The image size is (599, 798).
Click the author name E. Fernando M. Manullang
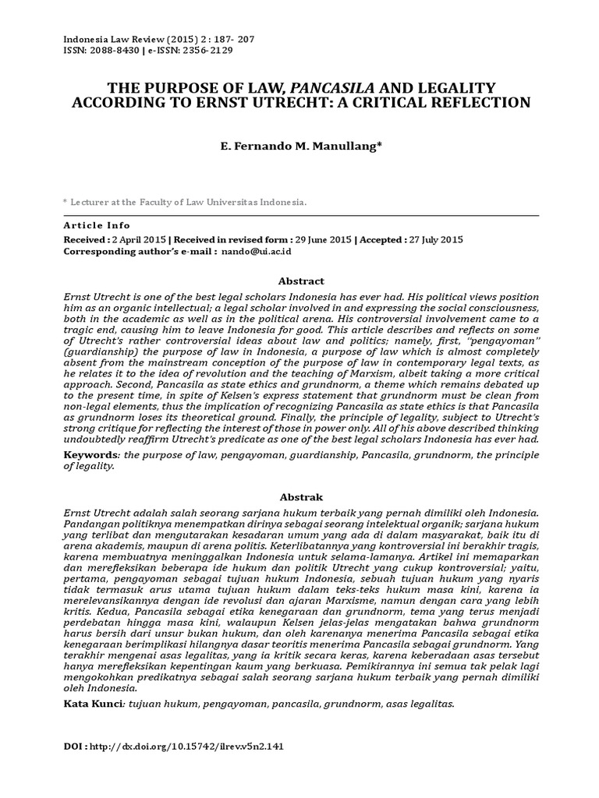(x=299, y=145)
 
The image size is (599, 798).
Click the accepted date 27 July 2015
(x=438, y=239)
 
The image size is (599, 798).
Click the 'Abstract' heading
(x=300, y=281)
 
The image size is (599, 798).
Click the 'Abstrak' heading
(x=300, y=497)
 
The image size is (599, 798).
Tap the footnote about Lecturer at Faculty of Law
(x=187, y=201)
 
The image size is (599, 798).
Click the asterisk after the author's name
(x=379, y=143)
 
